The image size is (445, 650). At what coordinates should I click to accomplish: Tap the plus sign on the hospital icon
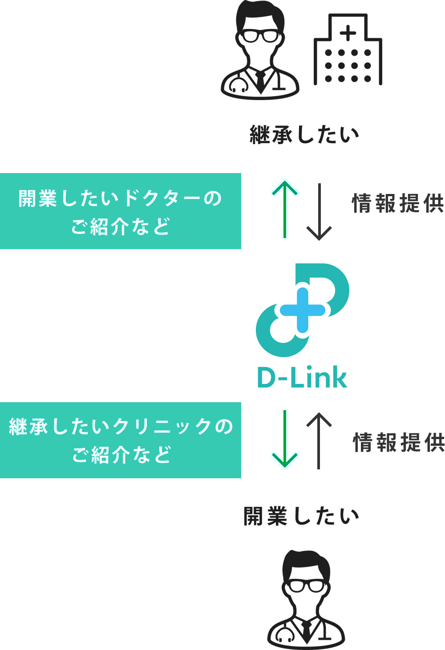[348, 33]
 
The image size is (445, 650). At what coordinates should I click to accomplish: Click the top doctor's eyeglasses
[260, 36]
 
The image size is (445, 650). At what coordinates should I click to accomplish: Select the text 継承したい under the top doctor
[305, 135]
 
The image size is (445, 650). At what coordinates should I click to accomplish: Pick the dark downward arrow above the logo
[319, 212]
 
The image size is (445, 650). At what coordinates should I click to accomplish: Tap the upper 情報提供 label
[398, 204]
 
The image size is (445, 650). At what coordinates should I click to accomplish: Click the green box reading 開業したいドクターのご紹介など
[120, 211]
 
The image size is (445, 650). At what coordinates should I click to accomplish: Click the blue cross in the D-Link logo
[303, 310]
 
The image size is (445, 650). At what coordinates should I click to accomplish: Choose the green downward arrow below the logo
[285, 439]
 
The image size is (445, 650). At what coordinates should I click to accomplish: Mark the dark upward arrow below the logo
[319, 440]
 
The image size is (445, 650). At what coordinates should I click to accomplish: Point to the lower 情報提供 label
[399, 443]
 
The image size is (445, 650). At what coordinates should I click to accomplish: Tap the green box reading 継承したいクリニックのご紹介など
[120, 440]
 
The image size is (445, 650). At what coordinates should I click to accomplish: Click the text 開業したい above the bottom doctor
[301, 517]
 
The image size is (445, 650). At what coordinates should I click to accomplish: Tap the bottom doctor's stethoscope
[283, 634]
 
